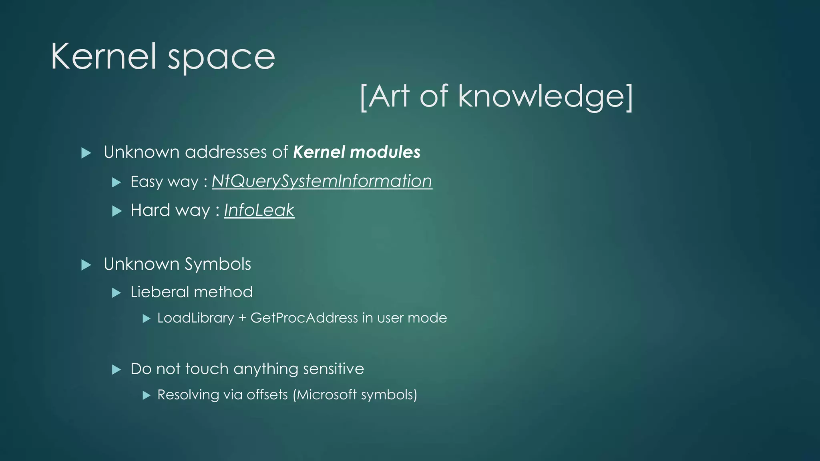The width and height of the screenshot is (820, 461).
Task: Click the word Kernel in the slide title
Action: (103, 57)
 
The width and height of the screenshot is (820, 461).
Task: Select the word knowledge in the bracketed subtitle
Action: (540, 97)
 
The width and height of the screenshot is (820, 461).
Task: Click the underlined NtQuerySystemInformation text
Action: (322, 181)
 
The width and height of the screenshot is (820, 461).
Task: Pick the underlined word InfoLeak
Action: (259, 210)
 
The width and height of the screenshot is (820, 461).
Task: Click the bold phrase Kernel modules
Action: (357, 152)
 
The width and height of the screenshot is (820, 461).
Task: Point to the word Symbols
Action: (218, 265)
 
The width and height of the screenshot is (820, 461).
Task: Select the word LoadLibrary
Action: (195, 318)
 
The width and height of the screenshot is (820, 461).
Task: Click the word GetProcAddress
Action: (304, 318)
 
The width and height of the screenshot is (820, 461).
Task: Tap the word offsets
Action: (267, 395)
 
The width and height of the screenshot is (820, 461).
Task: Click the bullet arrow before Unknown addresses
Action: (86, 153)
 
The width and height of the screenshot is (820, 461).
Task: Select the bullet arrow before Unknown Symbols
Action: (86, 265)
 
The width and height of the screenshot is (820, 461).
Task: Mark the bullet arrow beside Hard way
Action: (117, 211)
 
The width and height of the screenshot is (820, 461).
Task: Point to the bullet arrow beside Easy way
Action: (117, 182)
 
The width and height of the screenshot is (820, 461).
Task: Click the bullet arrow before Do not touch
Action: (117, 369)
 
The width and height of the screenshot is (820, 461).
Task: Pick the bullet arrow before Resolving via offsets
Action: (147, 395)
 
